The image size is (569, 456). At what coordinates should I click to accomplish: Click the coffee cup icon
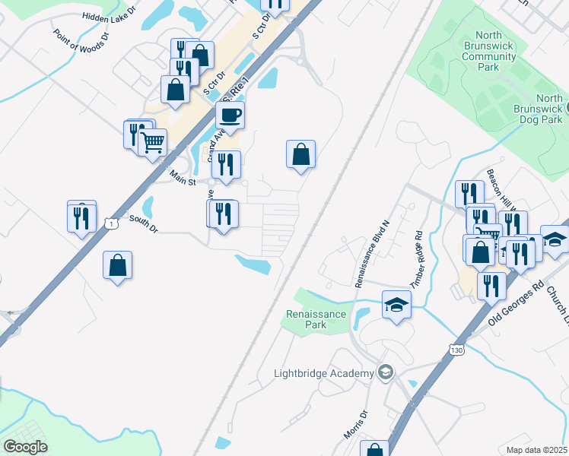pyautogui.click(x=230, y=116)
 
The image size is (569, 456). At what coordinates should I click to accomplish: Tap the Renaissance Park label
pyautogui.click(x=316, y=319)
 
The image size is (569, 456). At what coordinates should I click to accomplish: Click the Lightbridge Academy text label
pyautogui.click(x=324, y=372)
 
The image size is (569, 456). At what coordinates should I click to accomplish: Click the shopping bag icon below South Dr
pyautogui.click(x=117, y=266)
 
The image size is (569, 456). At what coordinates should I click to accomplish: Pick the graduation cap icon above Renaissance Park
pyautogui.click(x=396, y=306)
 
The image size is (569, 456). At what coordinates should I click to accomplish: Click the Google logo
pyautogui.click(x=25, y=447)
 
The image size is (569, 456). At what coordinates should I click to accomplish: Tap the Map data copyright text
pyautogui.click(x=537, y=450)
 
